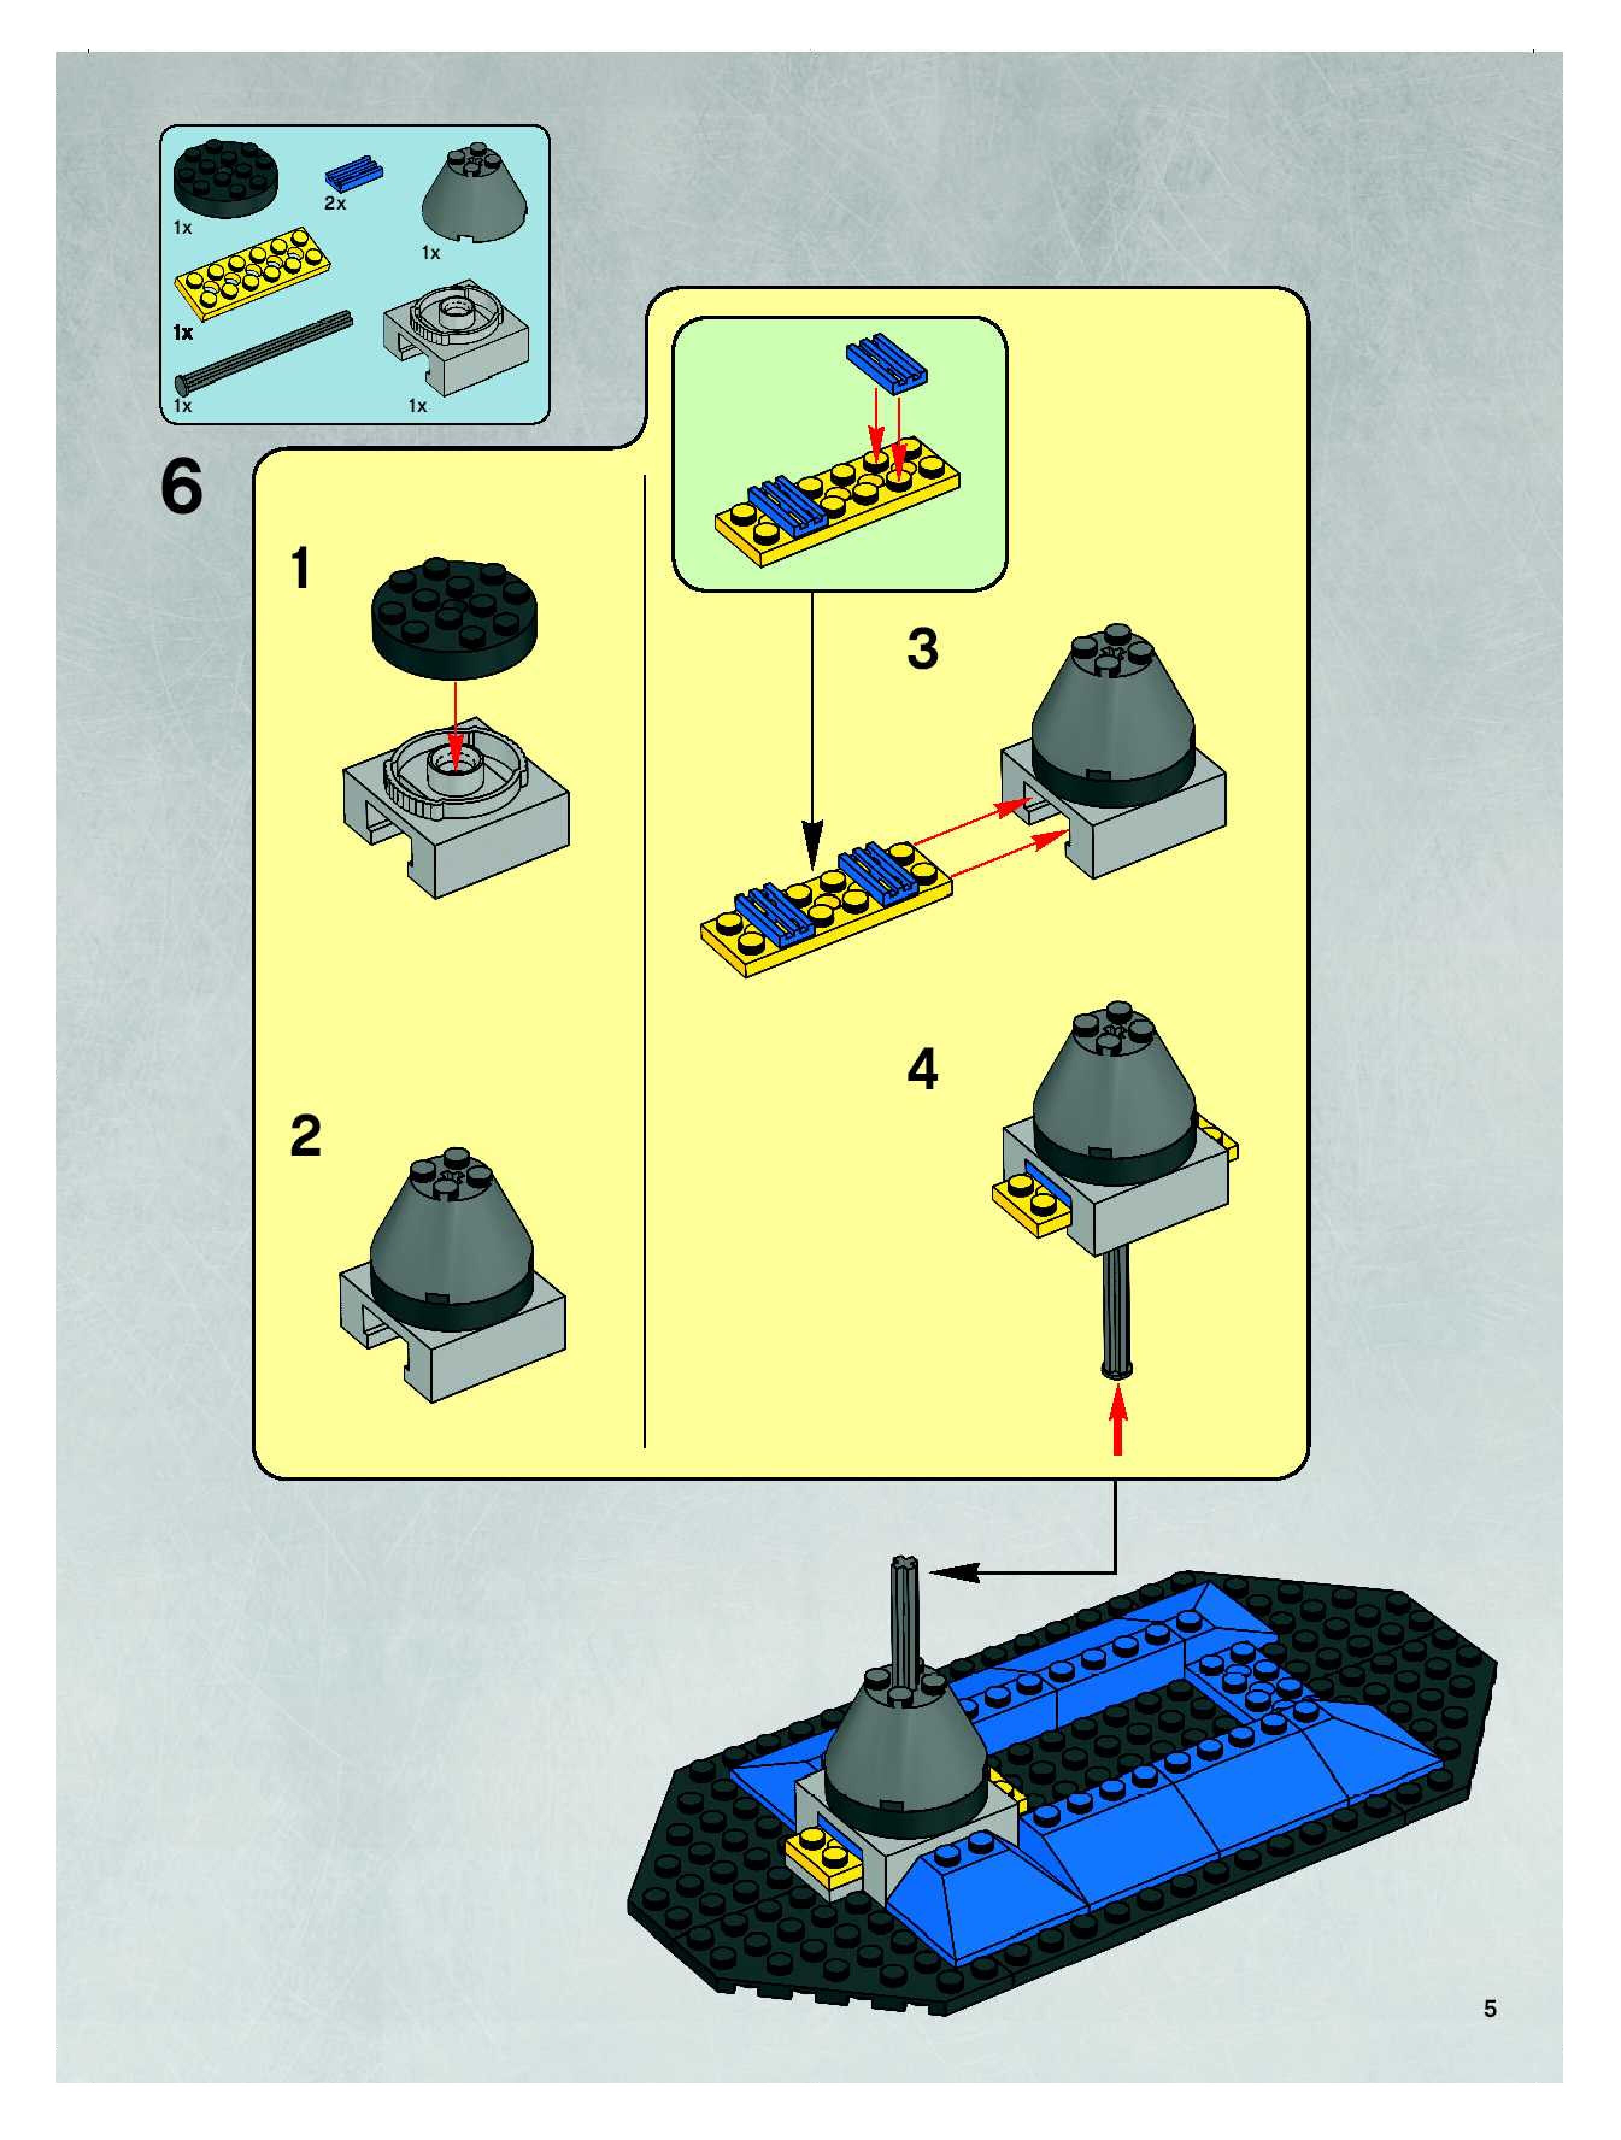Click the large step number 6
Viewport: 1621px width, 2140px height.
[x=182, y=487]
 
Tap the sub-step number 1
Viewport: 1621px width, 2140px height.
[x=301, y=568]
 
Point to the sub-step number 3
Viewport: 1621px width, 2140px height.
[x=922, y=648]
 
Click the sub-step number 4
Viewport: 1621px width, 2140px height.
[x=922, y=1070]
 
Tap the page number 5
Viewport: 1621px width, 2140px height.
[x=1490, y=2009]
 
